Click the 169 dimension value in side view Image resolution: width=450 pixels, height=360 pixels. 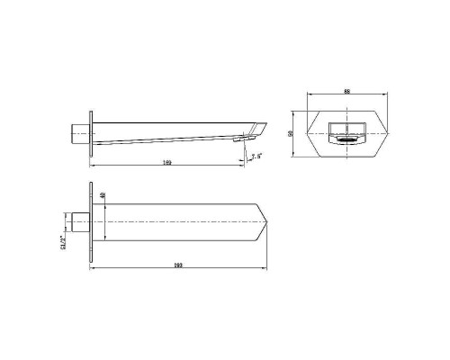(166, 162)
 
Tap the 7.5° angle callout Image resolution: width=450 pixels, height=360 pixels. (256, 157)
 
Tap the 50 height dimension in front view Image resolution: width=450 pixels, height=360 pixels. (292, 132)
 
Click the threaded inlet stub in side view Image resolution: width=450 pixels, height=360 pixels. (78, 134)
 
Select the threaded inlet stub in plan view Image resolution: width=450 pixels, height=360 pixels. (78, 222)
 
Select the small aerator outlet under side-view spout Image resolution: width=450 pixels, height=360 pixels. (241, 139)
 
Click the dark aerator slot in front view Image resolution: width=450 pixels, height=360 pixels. (346, 139)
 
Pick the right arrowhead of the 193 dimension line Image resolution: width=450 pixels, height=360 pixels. (266, 270)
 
